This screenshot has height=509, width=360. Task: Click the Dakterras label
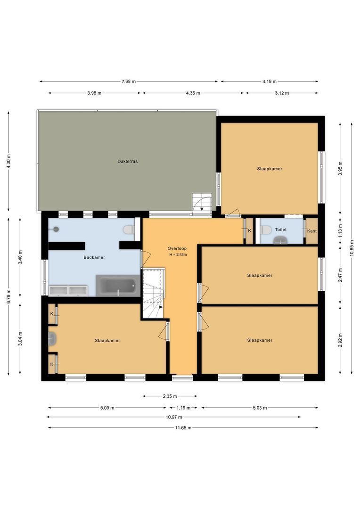point(128,161)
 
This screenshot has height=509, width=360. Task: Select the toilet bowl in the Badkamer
point(129,230)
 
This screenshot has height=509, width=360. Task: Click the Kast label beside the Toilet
point(311,231)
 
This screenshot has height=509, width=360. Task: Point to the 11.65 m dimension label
point(183,428)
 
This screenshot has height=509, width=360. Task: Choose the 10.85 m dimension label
point(352,248)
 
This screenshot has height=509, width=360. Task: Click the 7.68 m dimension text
point(129,82)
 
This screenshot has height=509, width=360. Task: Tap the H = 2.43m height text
point(178,255)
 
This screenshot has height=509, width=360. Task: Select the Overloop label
point(177,249)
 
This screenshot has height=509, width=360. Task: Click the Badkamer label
point(94,257)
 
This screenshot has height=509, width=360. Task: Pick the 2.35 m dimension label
point(170,396)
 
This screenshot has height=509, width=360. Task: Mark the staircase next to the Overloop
point(153,293)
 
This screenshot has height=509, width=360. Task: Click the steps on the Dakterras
point(202,204)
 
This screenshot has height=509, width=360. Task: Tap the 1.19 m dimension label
point(184,408)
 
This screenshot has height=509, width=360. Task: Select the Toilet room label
point(281,230)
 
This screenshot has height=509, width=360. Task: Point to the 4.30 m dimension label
point(9,161)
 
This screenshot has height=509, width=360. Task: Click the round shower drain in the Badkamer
point(56,229)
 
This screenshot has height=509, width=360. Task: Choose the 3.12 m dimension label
point(282,93)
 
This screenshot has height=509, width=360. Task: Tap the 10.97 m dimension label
point(174,417)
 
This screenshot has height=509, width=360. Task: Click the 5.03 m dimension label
point(260,408)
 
